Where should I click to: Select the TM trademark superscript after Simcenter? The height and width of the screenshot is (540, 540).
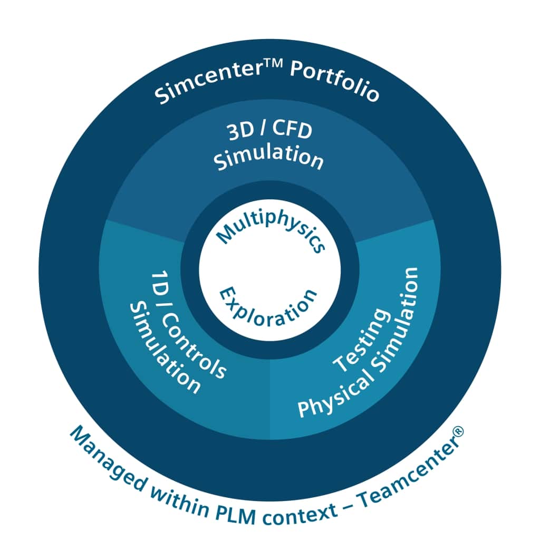tap(274, 64)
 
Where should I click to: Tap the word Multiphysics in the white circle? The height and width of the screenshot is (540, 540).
tap(271, 232)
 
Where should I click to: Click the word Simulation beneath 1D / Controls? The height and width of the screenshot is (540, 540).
tap(164, 348)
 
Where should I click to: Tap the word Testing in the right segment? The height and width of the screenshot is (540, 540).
tap(362, 339)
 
